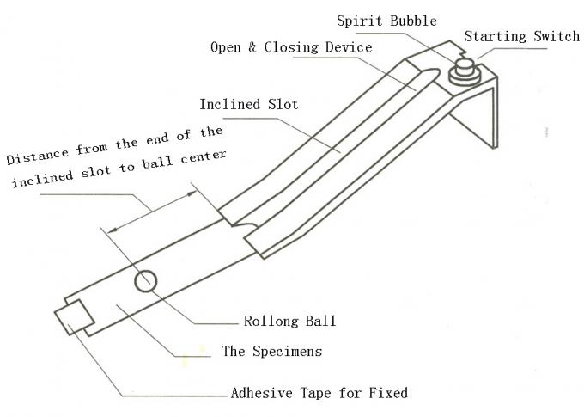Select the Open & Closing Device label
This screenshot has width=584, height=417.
291,48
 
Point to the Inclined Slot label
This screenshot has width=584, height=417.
249,105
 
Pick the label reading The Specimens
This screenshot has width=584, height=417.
273,351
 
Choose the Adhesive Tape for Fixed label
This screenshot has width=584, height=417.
319,394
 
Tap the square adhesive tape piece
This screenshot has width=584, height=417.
72,317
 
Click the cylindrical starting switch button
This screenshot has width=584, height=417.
465,69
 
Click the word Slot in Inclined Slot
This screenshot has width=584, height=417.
283,105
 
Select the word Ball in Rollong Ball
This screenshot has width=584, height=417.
320,322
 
